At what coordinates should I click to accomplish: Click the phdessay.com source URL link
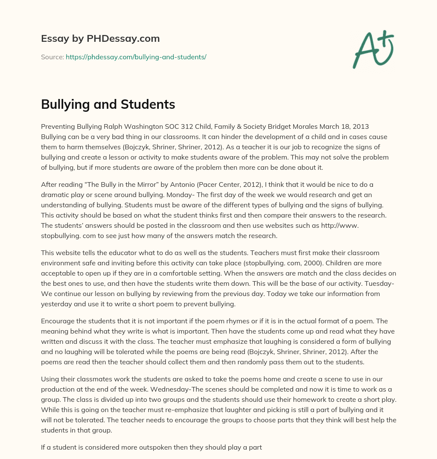(136, 57)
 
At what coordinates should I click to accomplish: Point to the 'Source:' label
(52, 57)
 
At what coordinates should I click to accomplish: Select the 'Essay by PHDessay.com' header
(100, 38)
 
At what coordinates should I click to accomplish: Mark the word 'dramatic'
(55, 195)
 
